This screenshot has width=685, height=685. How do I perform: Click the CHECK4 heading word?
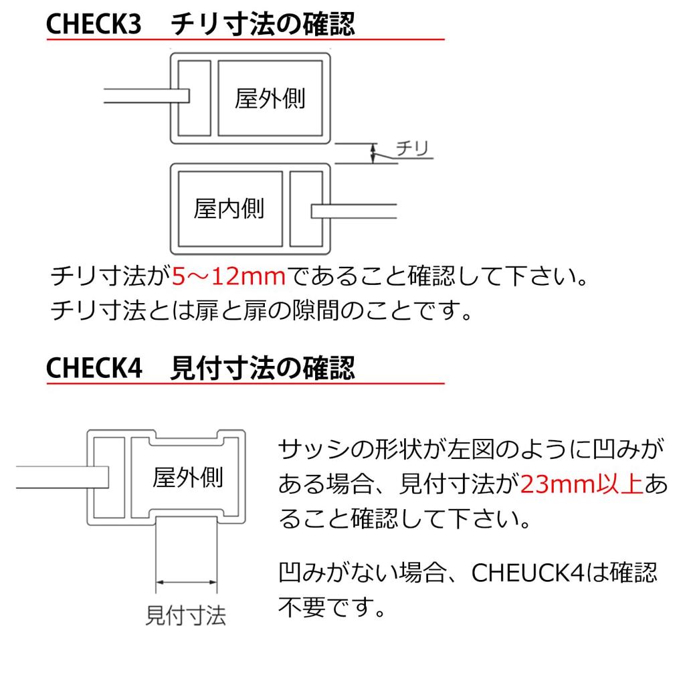point(94,369)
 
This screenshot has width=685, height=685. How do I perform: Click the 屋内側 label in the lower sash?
point(229,209)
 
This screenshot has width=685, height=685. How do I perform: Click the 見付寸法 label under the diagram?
point(186,614)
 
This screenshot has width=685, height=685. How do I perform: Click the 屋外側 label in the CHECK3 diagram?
point(270,98)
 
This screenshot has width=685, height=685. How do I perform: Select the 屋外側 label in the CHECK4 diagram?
point(187,478)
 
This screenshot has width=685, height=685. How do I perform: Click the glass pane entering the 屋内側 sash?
point(355,211)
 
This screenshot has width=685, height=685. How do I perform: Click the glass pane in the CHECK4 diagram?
point(60,476)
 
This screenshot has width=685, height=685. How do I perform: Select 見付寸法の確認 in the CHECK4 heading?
point(262,369)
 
